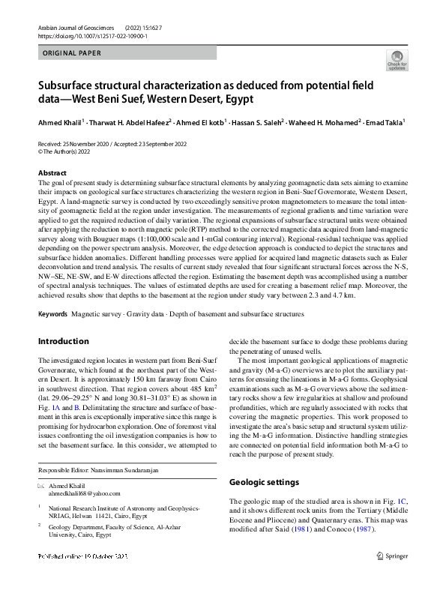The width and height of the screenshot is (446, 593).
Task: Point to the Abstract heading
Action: coord(52,173)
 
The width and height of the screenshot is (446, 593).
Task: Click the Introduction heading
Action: coord(63,341)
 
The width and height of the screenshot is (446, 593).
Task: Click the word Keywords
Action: coord(55,313)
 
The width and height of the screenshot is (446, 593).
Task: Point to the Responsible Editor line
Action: coord(96,470)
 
